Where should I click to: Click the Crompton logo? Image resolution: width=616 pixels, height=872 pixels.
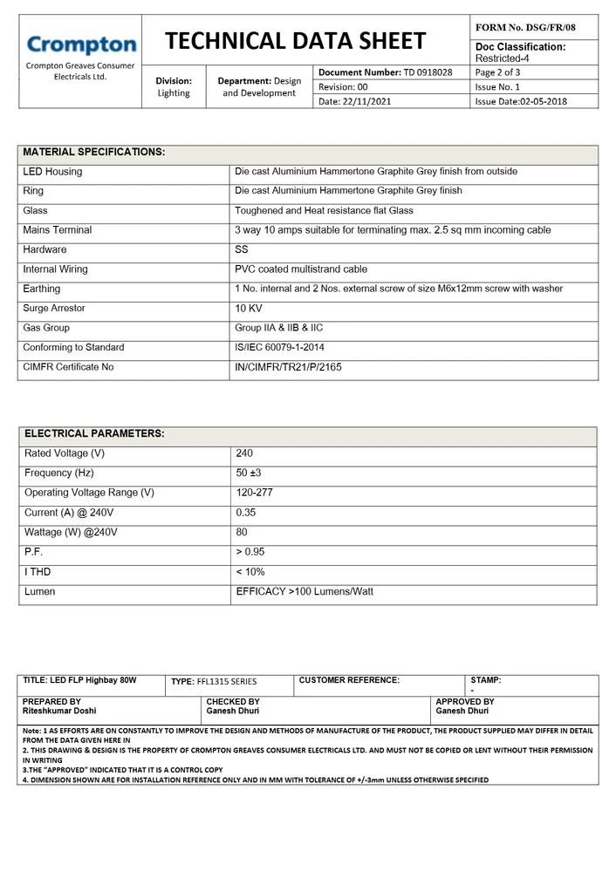(81, 44)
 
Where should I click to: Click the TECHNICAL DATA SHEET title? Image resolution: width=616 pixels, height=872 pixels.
(295, 40)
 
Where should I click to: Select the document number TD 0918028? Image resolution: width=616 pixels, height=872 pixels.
(428, 72)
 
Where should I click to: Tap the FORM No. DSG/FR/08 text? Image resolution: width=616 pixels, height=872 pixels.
(525, 28)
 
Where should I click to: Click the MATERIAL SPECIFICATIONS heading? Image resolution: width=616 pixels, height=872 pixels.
(93, 153)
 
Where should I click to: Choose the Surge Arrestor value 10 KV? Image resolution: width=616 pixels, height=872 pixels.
(249, 309)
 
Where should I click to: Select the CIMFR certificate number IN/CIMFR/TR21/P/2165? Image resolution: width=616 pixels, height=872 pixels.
(288, 367)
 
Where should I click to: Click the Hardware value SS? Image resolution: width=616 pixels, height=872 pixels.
(242, 250)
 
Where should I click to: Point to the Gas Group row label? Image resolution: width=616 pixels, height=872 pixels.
(46, 328)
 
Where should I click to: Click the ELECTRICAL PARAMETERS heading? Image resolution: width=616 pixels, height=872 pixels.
(94, 434)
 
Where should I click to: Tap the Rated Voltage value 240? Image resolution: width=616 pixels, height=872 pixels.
(244, 453)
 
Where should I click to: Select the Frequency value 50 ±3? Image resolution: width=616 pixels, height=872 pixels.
(250, 473)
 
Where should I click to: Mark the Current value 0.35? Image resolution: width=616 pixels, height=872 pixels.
(246, 513)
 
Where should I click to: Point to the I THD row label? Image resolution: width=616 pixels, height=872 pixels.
(38, 572)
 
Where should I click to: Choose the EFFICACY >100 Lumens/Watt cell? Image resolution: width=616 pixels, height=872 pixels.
(305, 591)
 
